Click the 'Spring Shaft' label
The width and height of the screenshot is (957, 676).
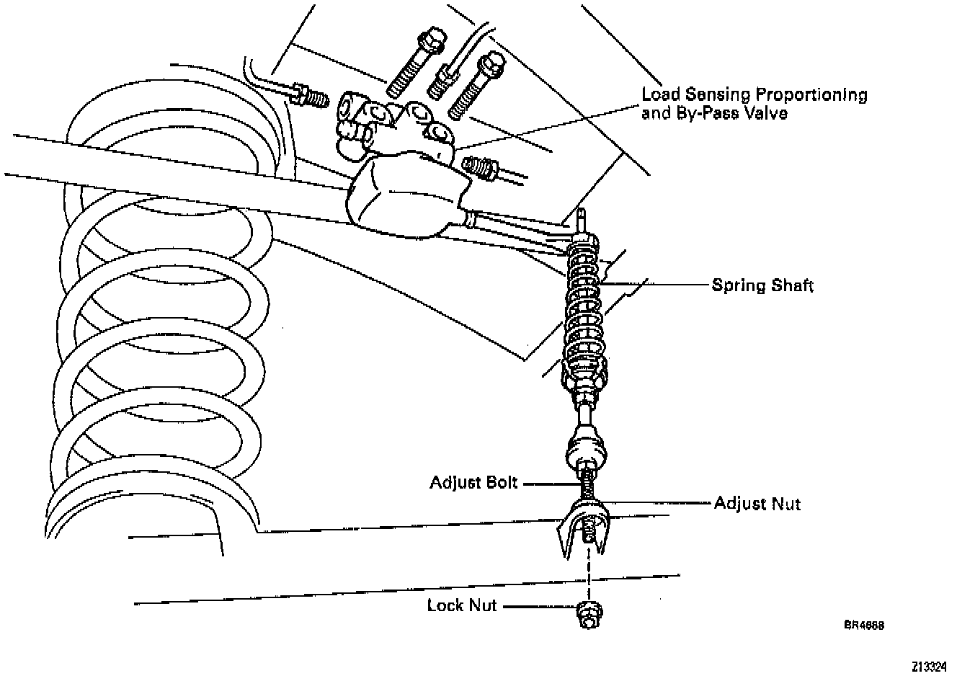[762, 285]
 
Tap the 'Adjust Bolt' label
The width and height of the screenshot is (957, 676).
[473, 482]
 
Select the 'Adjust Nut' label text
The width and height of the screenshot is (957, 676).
[757, 503]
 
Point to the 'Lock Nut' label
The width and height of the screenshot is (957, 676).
[462, 605]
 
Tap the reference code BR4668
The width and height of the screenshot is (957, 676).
[864, 625]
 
